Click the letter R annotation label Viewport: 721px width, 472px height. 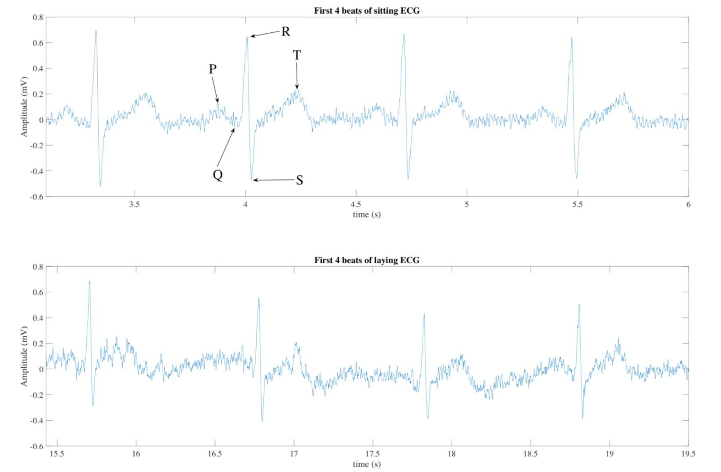[x=286, y=32]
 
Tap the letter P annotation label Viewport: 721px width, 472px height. [x=212, y=69]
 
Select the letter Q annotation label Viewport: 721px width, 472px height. [x=218, y=175]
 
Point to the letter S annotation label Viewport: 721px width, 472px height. [x=299, y=180]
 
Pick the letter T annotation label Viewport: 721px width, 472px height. [x=297, y=55]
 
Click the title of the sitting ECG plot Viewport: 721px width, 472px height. [x=367, y=11]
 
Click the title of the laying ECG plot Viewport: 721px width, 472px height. [x=367, y=260]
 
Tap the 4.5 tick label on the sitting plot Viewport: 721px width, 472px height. [x=356, y=204]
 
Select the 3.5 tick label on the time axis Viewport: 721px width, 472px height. [x=135, y=204]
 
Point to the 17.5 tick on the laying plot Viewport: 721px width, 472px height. [x=373, y=454]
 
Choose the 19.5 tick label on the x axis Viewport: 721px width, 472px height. [x=688, y=454]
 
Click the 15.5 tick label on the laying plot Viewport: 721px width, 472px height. [x=57, y=454]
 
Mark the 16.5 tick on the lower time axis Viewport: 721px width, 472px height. [x=215, y=454]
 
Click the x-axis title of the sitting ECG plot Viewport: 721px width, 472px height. [x=367, y=215]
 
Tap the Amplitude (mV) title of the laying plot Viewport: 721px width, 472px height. [x=24, y=356]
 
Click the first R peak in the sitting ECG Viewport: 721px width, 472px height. [x=96, y=30]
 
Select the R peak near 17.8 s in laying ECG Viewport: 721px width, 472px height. [x=424, y=314]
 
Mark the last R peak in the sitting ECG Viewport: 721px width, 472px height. [x=572, y=38]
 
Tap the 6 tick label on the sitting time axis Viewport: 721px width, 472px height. [x=688, y=204]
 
